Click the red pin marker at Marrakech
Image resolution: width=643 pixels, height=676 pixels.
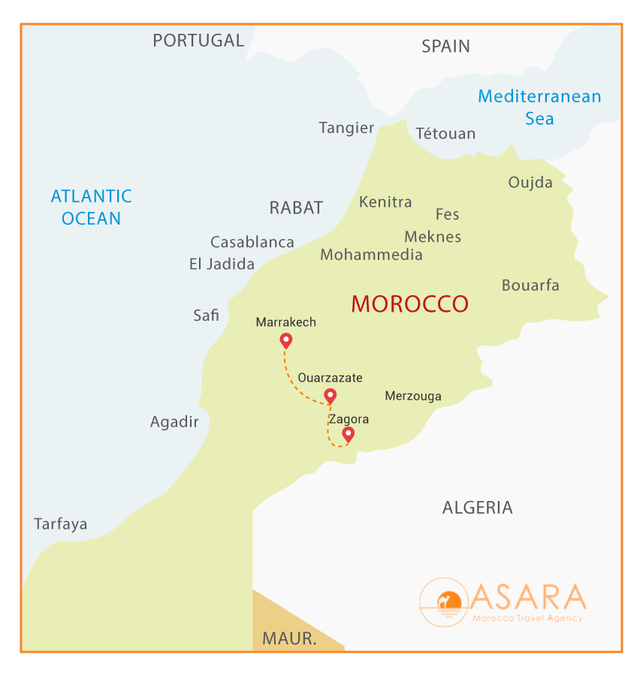(285, 341)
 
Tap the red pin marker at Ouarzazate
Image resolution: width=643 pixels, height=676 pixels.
(329, 396)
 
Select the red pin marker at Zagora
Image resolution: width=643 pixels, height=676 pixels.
(348, 434)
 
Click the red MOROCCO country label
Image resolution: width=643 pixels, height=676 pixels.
(409, 304)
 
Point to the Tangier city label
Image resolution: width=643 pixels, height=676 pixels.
(346, 128)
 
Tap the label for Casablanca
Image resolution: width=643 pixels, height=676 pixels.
(252, 242)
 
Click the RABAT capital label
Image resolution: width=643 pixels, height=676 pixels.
(296, 208)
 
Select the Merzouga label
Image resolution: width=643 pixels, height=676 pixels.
(412, 396)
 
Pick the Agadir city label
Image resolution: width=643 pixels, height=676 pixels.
(174, 422)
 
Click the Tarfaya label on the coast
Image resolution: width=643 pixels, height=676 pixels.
(60, 524)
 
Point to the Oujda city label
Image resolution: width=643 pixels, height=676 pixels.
(530, 183)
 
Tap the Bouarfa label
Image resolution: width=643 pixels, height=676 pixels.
(530, 285)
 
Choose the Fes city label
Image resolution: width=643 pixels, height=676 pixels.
(447, 215)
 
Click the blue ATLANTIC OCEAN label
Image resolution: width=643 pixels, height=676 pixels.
(91, 207)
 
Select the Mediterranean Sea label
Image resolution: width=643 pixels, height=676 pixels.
(539, 107)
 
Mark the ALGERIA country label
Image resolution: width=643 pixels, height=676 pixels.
(477, 508)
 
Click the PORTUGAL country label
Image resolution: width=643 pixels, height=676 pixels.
(198, 41)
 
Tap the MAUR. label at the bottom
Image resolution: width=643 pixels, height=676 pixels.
(288, 639)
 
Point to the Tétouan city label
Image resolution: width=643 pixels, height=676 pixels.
(445, 134)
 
